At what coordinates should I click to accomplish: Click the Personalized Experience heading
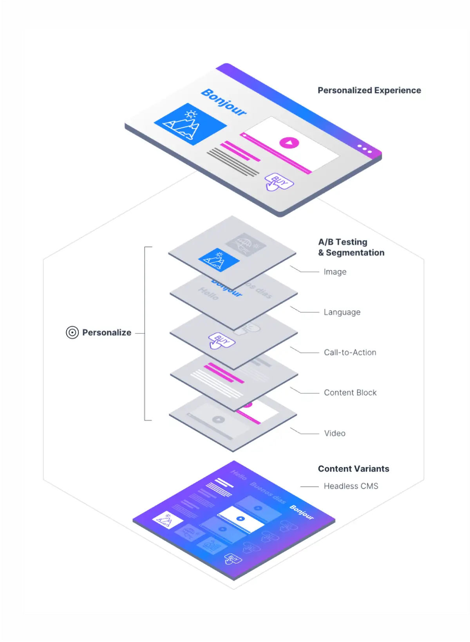(x=369, y=91)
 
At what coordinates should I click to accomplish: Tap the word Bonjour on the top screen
(x=224, y=102)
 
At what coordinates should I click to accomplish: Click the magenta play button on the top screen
(x=289, y=143)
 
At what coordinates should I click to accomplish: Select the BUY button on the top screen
(x=279, y=182)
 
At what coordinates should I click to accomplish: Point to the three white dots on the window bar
(x=364, y=149)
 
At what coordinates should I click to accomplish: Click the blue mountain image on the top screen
(x=190, y=124)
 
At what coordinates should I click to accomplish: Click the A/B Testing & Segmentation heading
(x=351, y=247)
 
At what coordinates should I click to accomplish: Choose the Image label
(x=335, y=272)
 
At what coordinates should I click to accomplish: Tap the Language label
(x=342, y=312)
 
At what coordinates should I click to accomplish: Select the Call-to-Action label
(x=350, y=353)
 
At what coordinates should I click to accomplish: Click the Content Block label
(x=350, y=393)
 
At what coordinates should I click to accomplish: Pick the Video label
(x=334, y=433)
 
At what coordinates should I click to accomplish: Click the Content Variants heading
(x=353, y=469)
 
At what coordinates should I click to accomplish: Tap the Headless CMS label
(x=351, y=486)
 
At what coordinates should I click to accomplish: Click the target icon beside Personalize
(x=72, y=333)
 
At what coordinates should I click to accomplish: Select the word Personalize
(x=107, y=333)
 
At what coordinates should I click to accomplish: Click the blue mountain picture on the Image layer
(x=219, y=260)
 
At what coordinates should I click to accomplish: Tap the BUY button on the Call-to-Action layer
(x=221, y=340)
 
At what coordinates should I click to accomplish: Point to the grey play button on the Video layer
(x=219, y=420)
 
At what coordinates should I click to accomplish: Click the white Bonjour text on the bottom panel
(x=302, y=512)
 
